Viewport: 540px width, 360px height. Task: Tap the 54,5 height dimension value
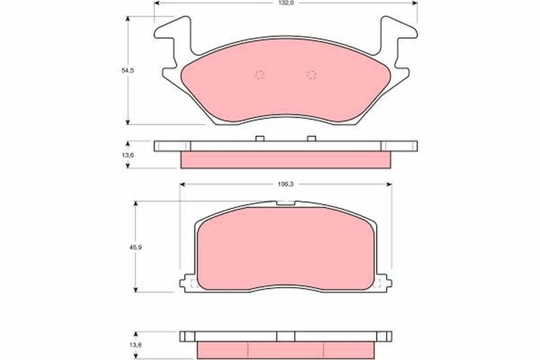pyautogui.click(x=128, y=70)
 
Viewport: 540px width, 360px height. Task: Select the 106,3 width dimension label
pyautogui.click(x=286, y=184)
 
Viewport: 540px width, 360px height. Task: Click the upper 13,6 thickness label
pyautogui.click(x=128, y=155)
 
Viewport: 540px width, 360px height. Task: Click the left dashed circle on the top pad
pyautogui.click(x=260, y=74)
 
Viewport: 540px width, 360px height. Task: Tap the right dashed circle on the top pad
pyautogui.click(x=311, y=74)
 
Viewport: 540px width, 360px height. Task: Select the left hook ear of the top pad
pyautogui.click(x=173, y=34)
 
